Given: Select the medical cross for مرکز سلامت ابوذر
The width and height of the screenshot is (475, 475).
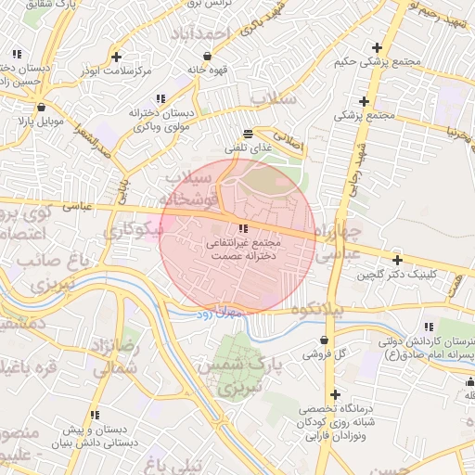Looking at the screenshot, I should [x=116, y=56].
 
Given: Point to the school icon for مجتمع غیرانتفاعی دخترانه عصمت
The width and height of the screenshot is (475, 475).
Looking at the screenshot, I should [x=243, y=228].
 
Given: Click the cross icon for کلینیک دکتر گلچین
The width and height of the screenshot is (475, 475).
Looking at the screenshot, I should [x=397, y=261].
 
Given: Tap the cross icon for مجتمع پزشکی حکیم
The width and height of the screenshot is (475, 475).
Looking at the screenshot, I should [x=376, y=47].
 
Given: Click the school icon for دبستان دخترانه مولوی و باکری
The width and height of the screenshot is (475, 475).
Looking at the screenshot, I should [x=160, y=98].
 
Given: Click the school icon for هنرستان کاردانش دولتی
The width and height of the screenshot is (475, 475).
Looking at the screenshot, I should [x=428, y=327].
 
